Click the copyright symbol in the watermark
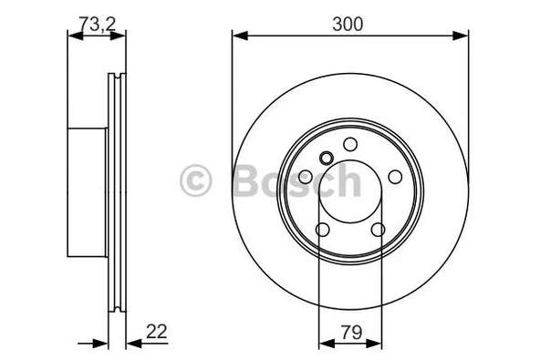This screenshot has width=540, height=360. [198, 180]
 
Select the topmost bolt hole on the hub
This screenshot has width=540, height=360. [349, 145]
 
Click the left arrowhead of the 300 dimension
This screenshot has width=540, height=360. [238, 36]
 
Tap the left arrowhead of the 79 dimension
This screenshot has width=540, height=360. [324, 345]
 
